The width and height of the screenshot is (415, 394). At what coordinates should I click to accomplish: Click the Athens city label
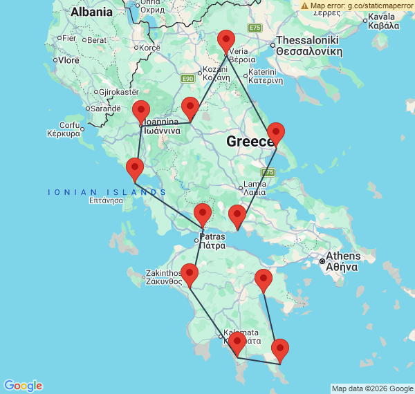click(x=344, y=261)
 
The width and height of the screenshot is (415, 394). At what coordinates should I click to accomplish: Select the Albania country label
click(x=91, y=12)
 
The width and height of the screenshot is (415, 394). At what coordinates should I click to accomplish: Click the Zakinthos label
click(x=164, y=277)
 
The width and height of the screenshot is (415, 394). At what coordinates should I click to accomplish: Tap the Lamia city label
click(x=253, y=188)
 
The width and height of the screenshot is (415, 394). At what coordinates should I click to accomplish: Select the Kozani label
click(x=216, y=75)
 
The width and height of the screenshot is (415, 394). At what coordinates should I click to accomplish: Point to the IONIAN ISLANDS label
click(x=107, y=192)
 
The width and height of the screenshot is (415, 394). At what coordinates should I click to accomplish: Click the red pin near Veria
click(x=226, y=41)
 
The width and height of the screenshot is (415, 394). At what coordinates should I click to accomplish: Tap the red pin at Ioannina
click(x=141, y=111)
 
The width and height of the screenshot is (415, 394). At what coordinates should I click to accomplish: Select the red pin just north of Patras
click(x=203, y=214)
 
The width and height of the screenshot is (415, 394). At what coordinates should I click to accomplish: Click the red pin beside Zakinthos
click(x=189, y=274)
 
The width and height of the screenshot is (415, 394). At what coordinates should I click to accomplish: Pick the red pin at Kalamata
click(x=237, y=342)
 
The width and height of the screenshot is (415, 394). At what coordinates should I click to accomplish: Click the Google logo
click(x=23, y=386)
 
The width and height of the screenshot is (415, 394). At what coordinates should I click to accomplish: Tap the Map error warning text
click(x=360, y=6)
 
